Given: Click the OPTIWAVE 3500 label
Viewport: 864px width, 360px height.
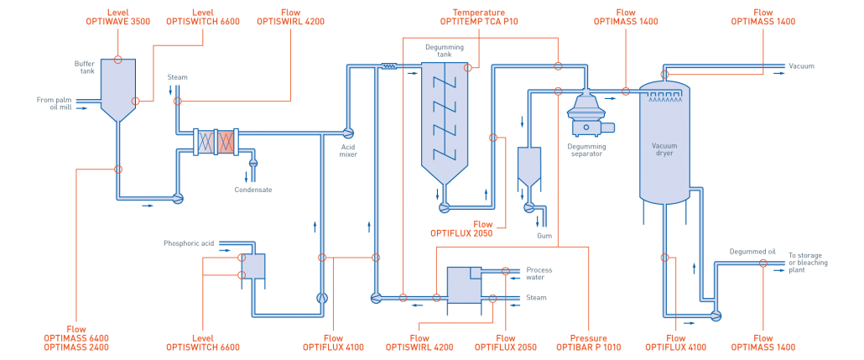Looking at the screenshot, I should click(x=117, y=22).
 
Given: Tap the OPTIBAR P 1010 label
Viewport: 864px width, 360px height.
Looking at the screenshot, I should click(x=589, y=346).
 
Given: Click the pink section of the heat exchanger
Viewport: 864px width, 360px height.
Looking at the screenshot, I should click(x=226, y=142).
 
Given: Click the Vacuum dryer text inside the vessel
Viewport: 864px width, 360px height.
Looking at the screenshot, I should click(x=664, y=149).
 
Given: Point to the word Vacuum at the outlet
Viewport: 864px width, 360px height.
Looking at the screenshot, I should click(x=802, y=65).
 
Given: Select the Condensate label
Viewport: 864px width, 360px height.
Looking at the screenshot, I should click(x=252, y=190).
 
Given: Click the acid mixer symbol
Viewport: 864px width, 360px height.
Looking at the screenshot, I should click(x=348, y=133).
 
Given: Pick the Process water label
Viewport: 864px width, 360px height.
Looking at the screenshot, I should click(x=539, y=274).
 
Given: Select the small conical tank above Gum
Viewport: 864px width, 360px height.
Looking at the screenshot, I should click(x=528, y=166).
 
